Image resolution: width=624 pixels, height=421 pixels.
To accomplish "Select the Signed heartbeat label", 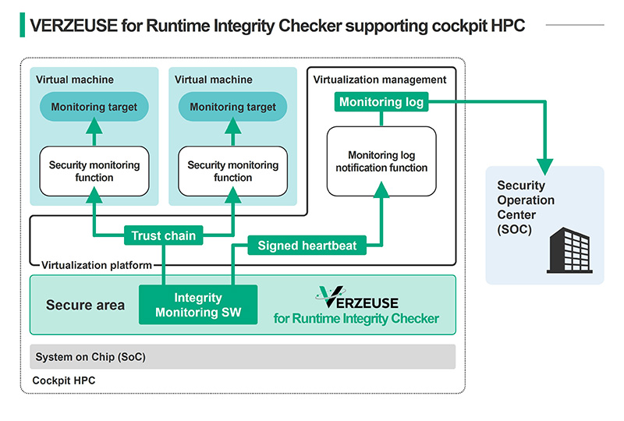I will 307,246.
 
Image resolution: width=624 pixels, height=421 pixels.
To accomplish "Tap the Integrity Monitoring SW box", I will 198,304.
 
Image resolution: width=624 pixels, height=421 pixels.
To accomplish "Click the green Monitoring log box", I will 381,102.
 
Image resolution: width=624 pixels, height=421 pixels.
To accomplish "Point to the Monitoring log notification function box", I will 381,161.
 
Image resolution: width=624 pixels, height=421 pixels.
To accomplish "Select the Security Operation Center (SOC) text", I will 526,207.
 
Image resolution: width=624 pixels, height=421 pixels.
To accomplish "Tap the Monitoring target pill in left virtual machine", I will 94,107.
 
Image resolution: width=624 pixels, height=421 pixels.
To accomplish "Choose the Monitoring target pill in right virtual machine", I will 232,107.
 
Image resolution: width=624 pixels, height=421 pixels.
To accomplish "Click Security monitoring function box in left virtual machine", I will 94,171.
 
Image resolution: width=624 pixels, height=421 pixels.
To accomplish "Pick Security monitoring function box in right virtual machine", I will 232,171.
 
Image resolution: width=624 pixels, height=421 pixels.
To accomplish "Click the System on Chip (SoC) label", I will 90,357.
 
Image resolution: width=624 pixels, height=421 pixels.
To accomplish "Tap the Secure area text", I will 85,305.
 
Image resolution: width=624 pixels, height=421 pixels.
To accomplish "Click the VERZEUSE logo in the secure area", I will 357,297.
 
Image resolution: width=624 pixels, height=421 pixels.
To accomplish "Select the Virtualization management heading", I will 380,80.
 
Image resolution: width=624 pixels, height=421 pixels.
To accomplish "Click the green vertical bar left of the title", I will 22,26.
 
